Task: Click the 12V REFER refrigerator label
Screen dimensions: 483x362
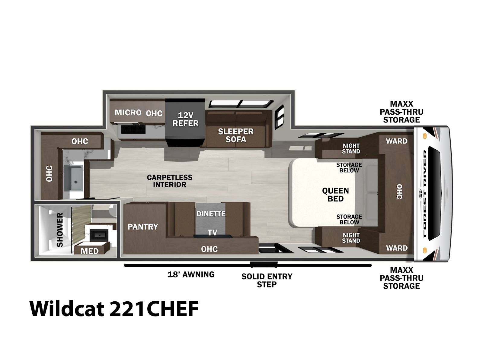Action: click(185, 119)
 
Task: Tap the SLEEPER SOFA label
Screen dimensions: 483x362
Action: click(236, 135)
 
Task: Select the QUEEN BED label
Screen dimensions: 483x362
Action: click(335, 195)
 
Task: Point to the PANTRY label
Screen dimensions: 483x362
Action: click(143, 227)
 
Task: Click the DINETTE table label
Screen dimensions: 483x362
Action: click(211, 214)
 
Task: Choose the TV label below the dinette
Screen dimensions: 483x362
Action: click(212, 233)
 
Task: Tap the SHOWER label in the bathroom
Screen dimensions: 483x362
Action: click(60, 230)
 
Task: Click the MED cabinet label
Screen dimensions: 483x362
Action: click(90, 251)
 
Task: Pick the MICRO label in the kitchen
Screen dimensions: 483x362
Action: click(128, 113)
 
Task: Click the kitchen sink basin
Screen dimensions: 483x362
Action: click(73, 178)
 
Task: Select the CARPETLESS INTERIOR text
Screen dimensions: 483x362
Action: click(169, 181)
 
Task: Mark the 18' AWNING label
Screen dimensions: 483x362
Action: click(191, 274)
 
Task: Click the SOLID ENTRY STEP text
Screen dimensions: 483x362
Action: click(267, 280)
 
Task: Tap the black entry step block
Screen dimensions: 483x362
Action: click(264, 265)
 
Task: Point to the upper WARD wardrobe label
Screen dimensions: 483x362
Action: click(397, 141)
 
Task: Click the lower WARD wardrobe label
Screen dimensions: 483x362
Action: click(397, 248)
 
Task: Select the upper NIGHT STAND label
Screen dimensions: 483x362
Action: click(351, 149)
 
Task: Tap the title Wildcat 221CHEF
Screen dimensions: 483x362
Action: click(114, 308)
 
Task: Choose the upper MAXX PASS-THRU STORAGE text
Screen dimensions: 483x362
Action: click(401, 112)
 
